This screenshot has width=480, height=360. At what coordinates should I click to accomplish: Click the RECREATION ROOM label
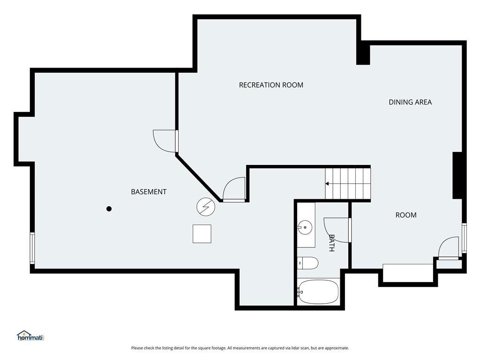271,85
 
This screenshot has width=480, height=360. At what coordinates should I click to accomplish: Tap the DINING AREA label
410,102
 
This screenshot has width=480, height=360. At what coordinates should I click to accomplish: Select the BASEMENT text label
149,192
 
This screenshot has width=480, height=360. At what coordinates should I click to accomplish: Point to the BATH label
331,243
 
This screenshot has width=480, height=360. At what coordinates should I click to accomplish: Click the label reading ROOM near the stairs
406,215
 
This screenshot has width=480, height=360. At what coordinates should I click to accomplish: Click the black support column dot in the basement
109,209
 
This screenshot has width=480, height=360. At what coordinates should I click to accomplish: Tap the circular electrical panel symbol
206,207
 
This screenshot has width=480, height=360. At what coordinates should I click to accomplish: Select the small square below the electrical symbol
202,234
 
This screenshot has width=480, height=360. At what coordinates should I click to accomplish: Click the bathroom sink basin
305,227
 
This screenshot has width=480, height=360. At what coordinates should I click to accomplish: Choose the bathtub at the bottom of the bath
318,292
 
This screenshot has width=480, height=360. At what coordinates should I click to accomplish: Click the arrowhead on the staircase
327,184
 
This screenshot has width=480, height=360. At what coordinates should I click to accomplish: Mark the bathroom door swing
336,230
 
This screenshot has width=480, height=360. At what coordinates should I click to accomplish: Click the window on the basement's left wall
32,248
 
